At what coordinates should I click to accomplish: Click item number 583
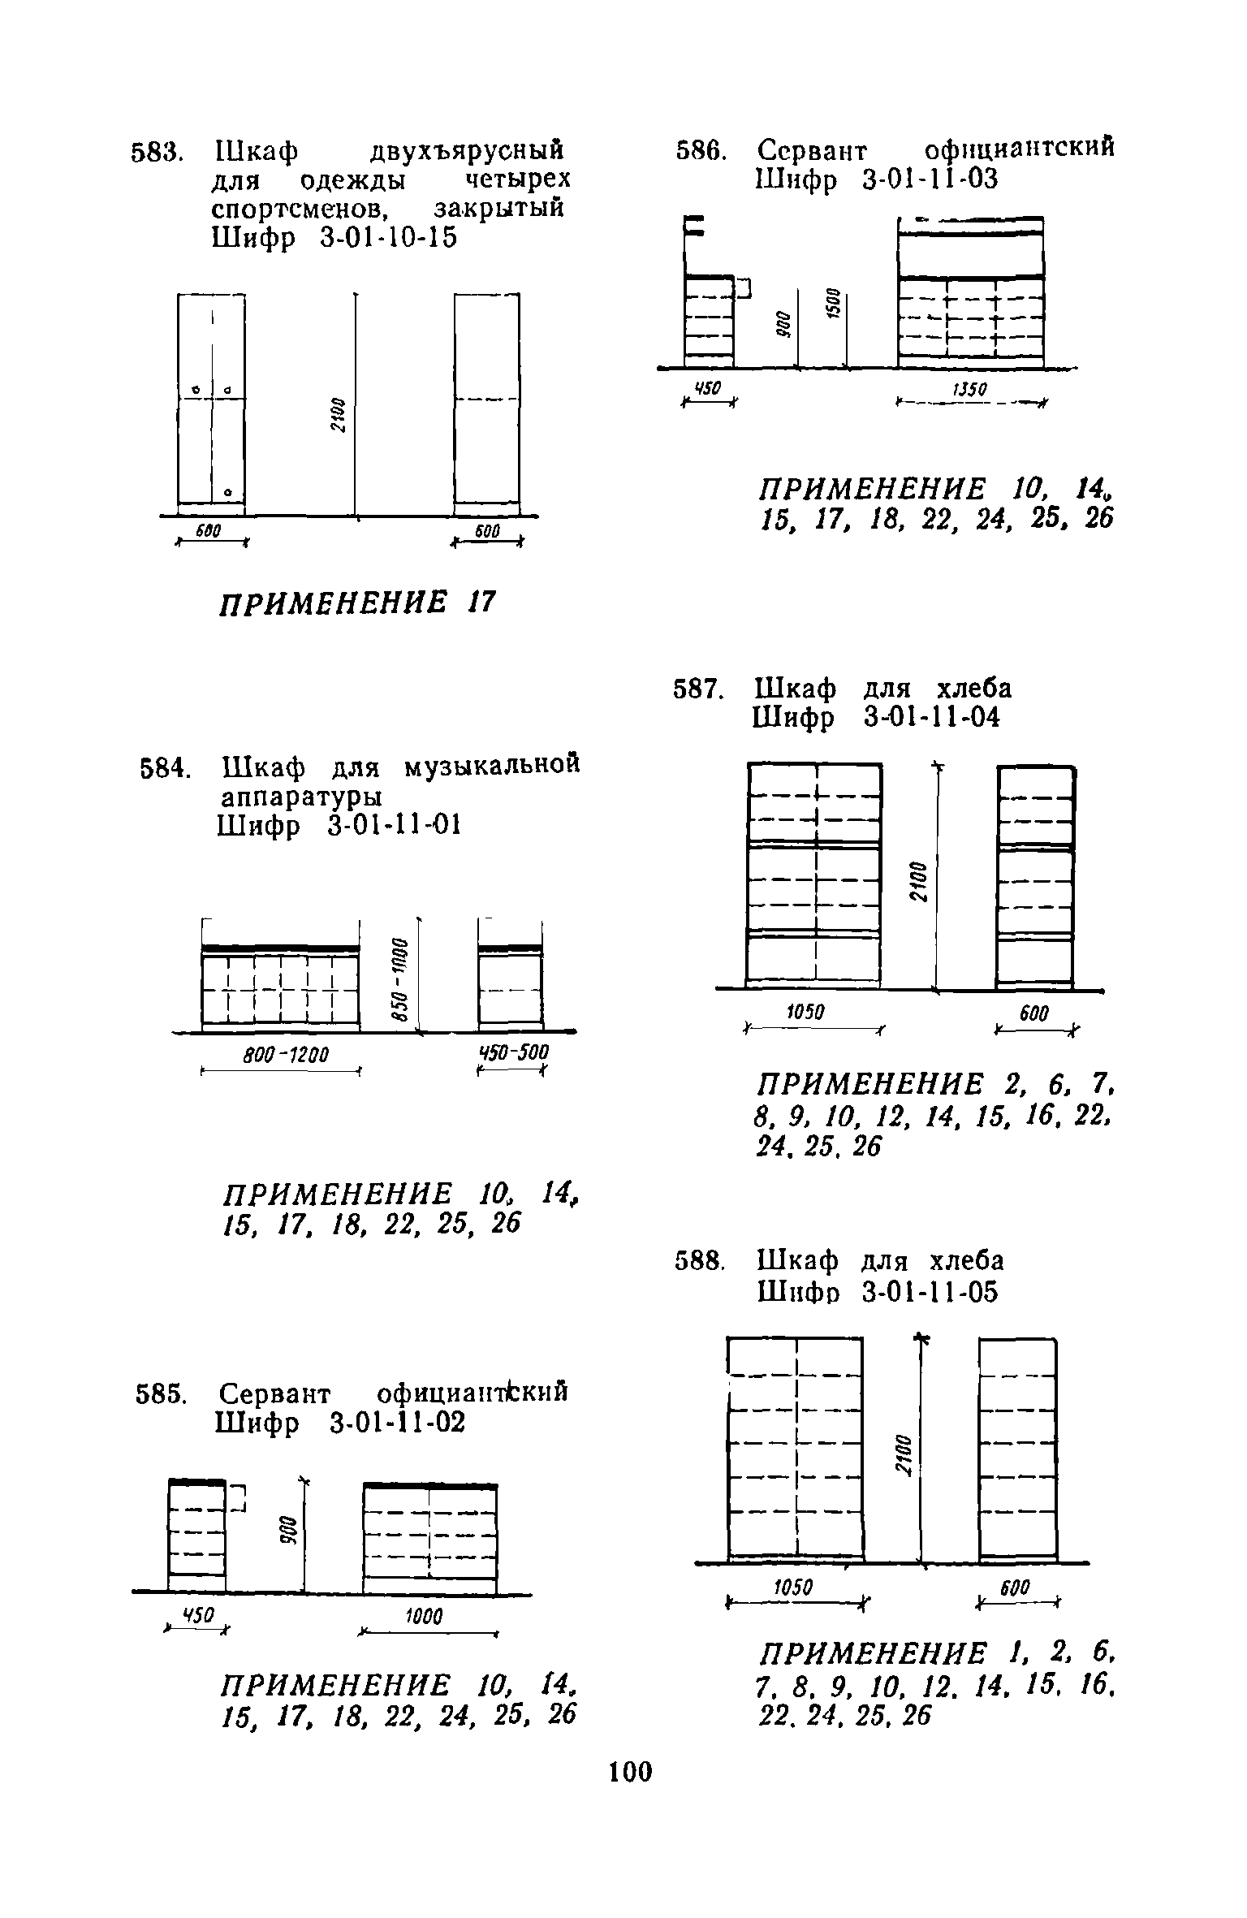tap(160, 152)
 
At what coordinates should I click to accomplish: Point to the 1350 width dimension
tap(969, 390)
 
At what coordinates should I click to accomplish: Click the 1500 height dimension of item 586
tap(832, 304)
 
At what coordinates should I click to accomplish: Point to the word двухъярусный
tap(466, 152)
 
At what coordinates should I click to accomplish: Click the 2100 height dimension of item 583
tap(339, 415)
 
